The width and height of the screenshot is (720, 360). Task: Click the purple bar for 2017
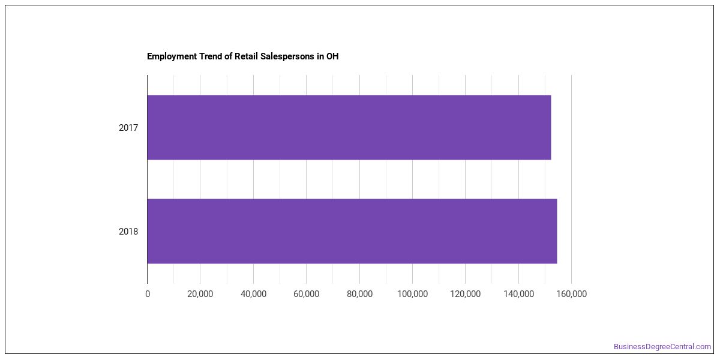(349, 127)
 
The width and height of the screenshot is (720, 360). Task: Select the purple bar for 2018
(352, 231)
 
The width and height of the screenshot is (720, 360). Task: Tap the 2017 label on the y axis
(128, 128)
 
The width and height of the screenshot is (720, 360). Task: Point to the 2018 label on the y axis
(128, 232)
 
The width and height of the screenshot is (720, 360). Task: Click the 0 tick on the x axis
(148, 294)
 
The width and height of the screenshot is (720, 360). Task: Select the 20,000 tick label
(200, 294)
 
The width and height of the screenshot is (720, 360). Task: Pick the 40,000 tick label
(253, 294)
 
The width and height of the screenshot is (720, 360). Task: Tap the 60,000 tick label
(307, 294)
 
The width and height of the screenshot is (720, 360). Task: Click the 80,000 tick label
(359, 294)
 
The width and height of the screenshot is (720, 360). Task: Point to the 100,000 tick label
(412, 294)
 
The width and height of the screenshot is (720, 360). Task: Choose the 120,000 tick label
(466, 294)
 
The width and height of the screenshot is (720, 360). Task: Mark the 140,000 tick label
(518, 294)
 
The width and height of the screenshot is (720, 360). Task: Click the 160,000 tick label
(571, 294)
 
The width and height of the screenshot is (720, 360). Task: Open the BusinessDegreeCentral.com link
(662, 347)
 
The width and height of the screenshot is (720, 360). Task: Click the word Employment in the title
(172, 56)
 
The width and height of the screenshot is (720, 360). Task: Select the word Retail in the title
(246, 56)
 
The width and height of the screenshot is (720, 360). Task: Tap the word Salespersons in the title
(287, 56)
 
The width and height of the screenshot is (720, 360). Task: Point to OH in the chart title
(332, 56)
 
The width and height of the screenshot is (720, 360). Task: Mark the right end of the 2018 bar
(557, 231)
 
